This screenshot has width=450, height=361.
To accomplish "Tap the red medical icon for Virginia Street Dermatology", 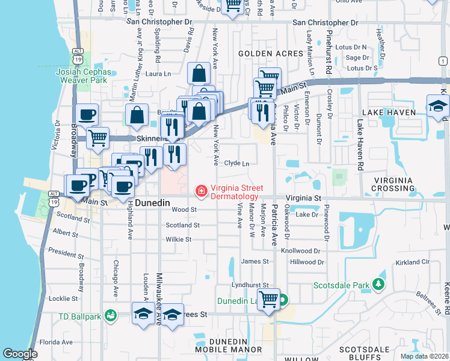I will point(200,191).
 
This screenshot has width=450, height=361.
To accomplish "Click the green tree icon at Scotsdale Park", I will point(378,283).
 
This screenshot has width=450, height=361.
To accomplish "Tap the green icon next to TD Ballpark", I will point(110,315).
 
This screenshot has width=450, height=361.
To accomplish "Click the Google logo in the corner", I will point(20,354).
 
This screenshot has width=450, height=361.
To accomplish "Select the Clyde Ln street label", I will point(236,163).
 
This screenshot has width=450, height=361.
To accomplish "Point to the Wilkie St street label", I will point(179,239).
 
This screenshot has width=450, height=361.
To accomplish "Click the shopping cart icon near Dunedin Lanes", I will point(268,299).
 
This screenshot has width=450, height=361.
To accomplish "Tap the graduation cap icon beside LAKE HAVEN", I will point(437,106).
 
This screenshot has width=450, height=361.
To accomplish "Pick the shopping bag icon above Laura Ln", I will point(198,73).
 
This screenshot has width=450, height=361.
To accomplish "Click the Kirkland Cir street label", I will point(412,263).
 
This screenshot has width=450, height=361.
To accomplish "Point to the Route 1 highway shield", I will point(443,60).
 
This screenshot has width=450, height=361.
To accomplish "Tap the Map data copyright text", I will point(424,356).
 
